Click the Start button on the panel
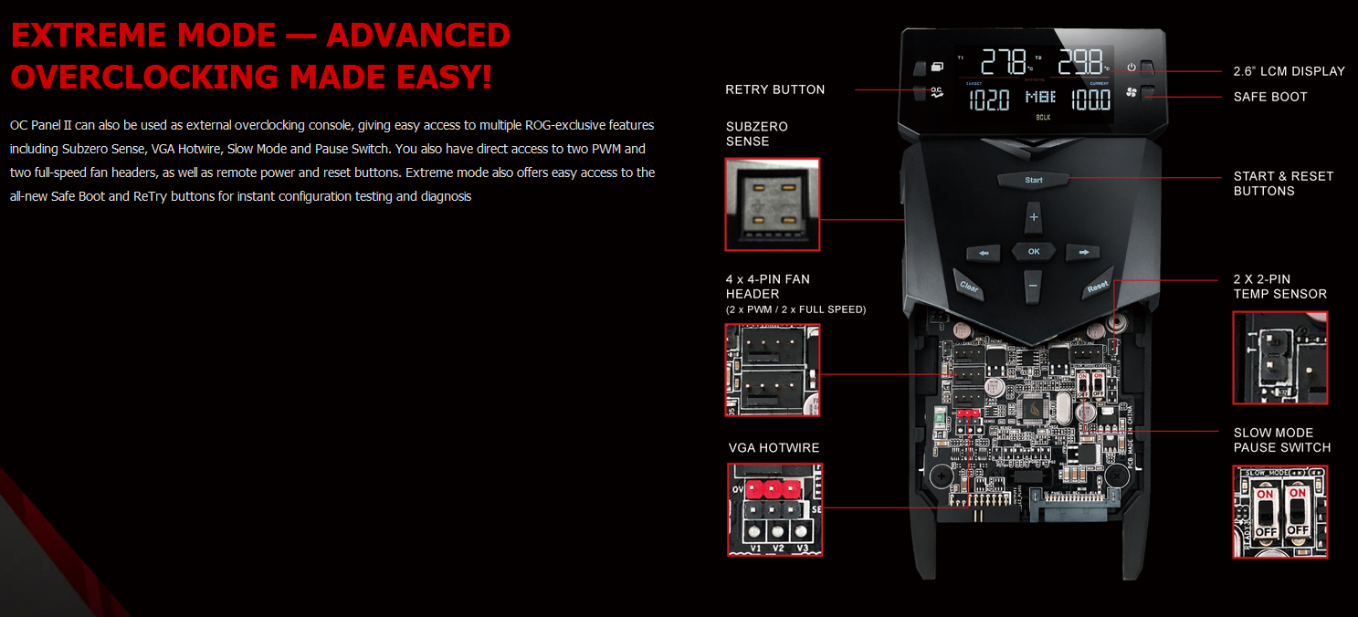coord(1034,180)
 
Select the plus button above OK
coord(1034,217)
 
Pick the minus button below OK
coord(1033,285)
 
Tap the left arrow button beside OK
coord(984,252)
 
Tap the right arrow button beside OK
coord(1084,252)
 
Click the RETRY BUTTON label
coord(774,89)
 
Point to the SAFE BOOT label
coord(1269,97)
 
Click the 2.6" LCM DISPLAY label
coord(1289,71)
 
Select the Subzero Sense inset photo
coord(772,204)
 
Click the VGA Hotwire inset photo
coord(774,509)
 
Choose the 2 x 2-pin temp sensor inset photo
coord(1280,358)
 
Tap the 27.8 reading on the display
coord(1002,64)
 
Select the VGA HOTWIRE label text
coord(774,448)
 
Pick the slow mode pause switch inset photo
coord(1280,512)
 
